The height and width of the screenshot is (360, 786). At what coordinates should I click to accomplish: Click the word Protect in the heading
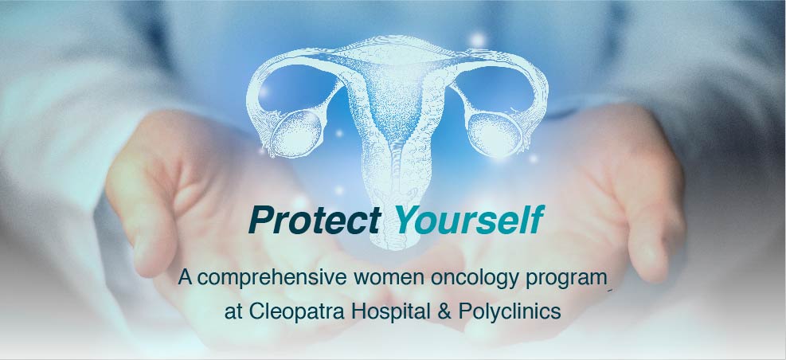pos(315,220)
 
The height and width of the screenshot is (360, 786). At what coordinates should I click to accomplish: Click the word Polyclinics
pos(510,311)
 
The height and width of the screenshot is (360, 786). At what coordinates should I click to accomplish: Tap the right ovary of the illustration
pos(494,131)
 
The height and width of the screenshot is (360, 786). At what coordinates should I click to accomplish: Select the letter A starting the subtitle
pos(185,278)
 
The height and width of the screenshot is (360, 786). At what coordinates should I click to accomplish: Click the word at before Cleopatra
pos(233,312)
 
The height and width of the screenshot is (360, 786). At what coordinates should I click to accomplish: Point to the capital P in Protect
pos(260,220)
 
